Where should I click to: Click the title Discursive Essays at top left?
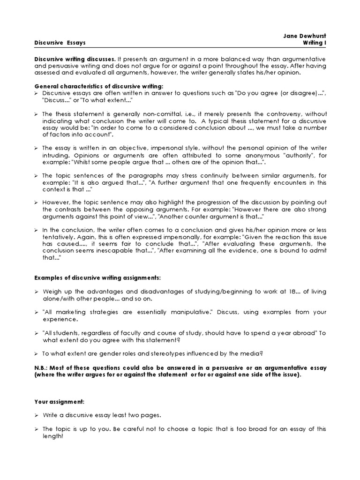coord(60,43)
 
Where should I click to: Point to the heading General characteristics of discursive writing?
coord(99,87)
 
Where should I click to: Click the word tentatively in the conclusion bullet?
coord(51,237)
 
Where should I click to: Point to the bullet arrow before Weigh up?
coord(37,292)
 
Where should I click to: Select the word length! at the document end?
coord(52,436)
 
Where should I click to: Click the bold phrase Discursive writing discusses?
coord(75,60)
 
